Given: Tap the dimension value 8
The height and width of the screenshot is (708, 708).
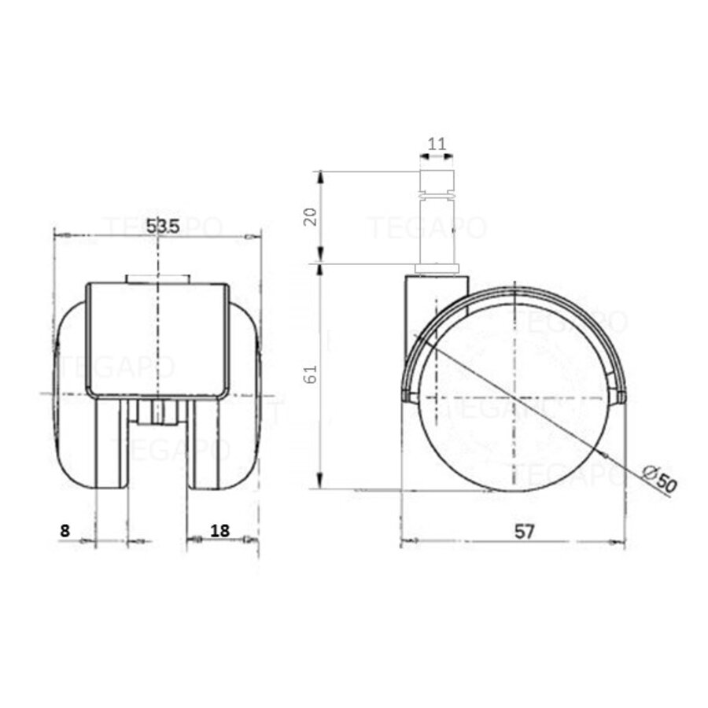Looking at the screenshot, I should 65,530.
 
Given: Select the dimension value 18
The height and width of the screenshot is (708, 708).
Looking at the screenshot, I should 220,530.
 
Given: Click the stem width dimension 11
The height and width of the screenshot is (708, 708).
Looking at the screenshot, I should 437,144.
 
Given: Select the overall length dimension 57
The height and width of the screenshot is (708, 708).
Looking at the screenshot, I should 525,531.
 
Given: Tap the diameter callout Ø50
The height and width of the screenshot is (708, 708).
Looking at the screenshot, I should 659,479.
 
